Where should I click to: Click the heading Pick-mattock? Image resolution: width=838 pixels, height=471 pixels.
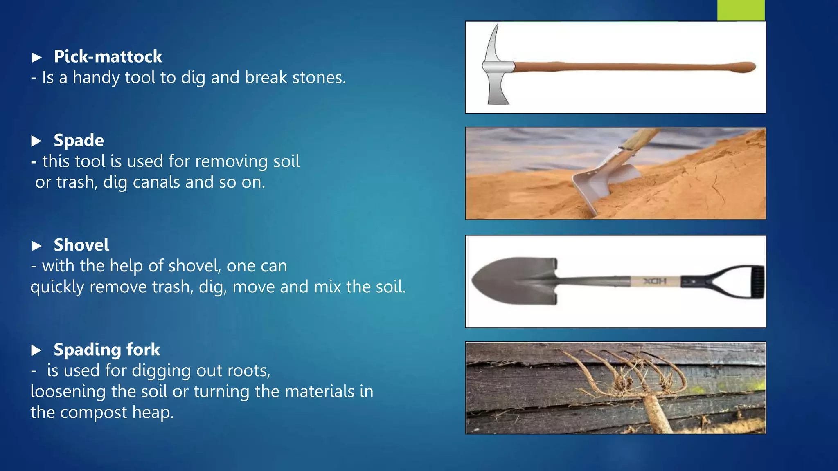point(108,56)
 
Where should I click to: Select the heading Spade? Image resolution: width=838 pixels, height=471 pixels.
point(79,141)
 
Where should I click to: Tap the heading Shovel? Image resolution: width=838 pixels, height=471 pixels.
point(81,245)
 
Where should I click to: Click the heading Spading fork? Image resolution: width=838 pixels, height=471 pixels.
point(107,350)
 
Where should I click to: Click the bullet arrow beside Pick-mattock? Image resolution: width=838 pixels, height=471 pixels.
point(37,57)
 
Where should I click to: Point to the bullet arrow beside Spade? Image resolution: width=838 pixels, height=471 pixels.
point(36,141)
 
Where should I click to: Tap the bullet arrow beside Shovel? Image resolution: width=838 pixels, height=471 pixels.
point(37,246)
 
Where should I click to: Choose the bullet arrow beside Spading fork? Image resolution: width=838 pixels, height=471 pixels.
point(36,350)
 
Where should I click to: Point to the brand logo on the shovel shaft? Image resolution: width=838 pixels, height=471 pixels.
point(656,281)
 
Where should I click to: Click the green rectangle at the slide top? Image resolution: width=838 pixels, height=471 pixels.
point(741,10)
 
